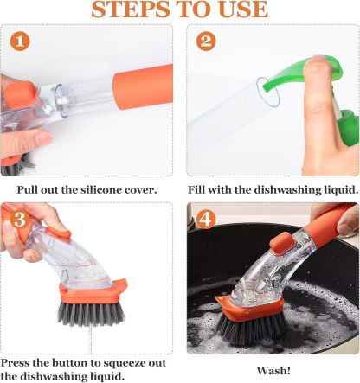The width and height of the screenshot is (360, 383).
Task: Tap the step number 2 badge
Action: pyautogui.click(x=206, y=42)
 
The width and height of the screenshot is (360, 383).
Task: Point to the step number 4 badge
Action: pyautogui.click(x=206, y=220)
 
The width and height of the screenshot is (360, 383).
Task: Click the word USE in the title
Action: pyautogui.click(x=239, y=10)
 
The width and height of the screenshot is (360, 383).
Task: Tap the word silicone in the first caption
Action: pyautogui.click(x=106, y=189)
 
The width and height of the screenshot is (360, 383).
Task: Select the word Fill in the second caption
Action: pyautogui.click(x=201, y=189)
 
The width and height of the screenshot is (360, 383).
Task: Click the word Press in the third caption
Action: pyautogui.click(x=17, y=361)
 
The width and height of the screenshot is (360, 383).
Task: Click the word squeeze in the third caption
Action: pyautogui.click(x=138, y=361)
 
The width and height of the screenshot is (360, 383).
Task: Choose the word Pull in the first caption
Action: pyautogui.click(x=29, y=189)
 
